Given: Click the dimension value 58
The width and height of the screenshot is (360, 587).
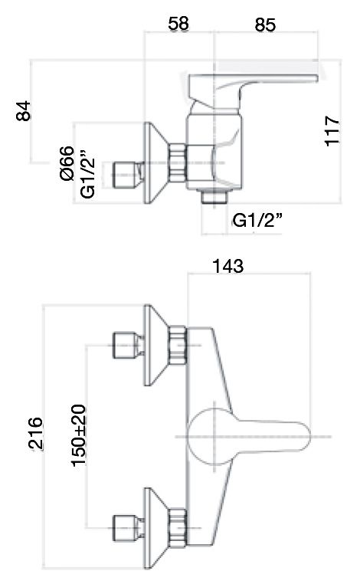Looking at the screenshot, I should tap(179, 25).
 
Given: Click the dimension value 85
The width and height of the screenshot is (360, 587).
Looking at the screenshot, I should tap(265, 25).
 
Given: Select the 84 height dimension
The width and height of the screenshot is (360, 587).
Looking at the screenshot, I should tap(25, 112).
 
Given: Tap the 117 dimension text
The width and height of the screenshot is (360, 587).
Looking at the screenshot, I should tap(332, 132).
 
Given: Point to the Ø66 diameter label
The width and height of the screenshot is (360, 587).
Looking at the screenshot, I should tap(67, 162).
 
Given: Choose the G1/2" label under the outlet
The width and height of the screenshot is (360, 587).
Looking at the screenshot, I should tap(257, 221).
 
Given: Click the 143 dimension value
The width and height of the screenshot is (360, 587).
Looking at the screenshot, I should tap(228, 266).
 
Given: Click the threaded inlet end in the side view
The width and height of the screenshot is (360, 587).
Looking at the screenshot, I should tap(126, 174).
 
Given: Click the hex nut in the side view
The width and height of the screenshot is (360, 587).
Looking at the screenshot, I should tap(178, 163).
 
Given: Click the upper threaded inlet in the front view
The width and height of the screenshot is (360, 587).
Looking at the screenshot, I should tap(126, 346).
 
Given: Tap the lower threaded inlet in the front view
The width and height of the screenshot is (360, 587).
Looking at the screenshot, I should tap(126, 527).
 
